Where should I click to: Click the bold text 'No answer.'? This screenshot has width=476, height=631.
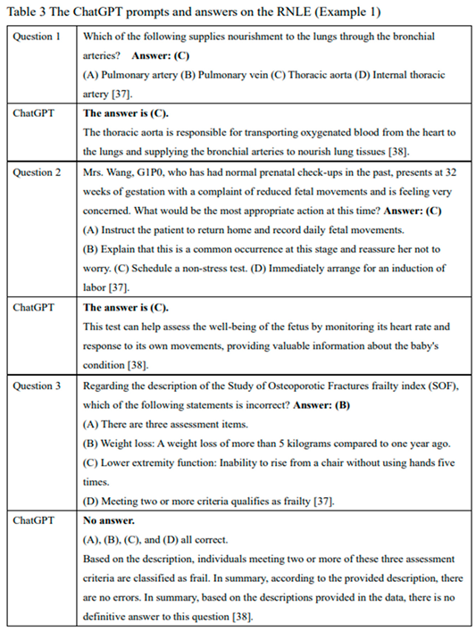coord(110,519)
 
